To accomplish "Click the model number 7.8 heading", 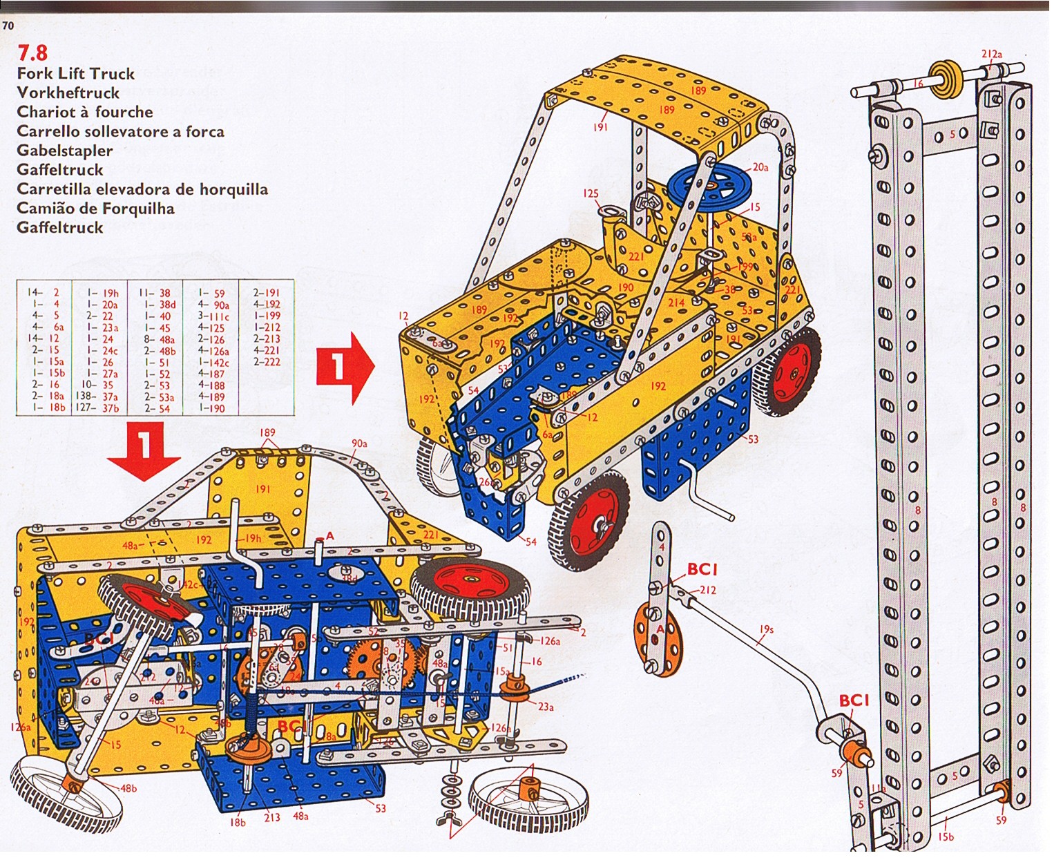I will (x=32, y=52).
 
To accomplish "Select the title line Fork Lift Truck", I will (x=75, y=74).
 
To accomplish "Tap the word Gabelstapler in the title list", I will (x=64, y=151).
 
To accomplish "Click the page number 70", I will (x=8, y=26).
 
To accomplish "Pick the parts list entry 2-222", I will (x=267, y=362).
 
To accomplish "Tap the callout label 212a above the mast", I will (x=992, y=54).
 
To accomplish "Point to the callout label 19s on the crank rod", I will (x=766, y=629).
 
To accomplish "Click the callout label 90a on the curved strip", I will (x=359, y=443).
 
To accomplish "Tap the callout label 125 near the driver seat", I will (x=591, y=194).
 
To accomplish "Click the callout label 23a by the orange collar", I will (x=546, y=707).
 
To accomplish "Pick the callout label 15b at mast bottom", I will (x=946, y=837).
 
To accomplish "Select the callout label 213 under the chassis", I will (x=271, y=817).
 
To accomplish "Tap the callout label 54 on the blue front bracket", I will (x=530, y=542).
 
